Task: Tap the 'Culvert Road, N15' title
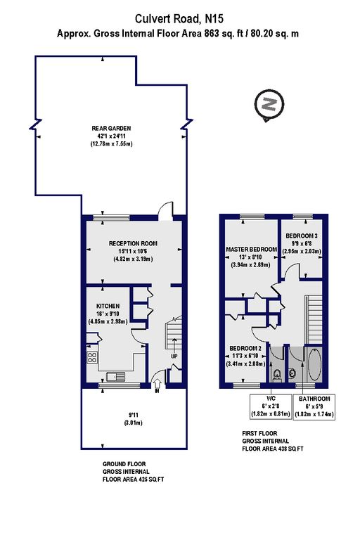(x=181, y=18)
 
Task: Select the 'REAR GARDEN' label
(x=111, y=128)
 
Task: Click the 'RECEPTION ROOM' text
(x=133, y=243)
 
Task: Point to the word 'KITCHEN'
(x=108, y=306)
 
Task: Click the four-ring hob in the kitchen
(x=92, y=359)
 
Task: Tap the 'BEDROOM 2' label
(x=245, y=348)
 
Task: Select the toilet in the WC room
(x=278, y=373)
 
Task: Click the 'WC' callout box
(x=269, y=405)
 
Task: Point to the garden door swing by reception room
(x=165, y=210)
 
